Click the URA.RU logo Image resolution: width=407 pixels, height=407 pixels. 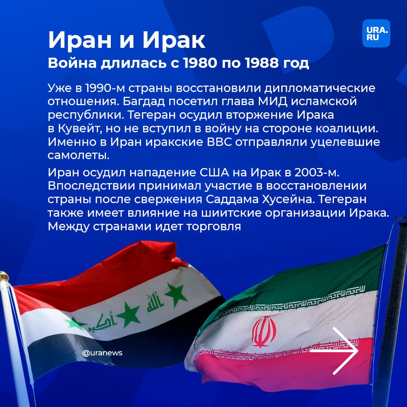[376, 34]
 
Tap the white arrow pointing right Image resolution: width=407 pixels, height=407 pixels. [334, 351]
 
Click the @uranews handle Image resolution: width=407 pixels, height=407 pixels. [102, 353]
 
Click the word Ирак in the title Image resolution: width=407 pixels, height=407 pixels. [174, 40]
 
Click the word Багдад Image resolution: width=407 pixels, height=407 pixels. [144, 101]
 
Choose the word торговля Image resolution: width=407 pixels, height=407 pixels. [213, 227]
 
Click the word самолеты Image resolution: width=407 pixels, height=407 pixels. [78, 156]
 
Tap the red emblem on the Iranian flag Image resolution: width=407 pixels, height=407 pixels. [264, 332]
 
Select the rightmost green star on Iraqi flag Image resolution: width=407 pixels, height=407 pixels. [176, 294]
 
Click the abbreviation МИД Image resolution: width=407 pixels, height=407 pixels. [272, 101]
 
